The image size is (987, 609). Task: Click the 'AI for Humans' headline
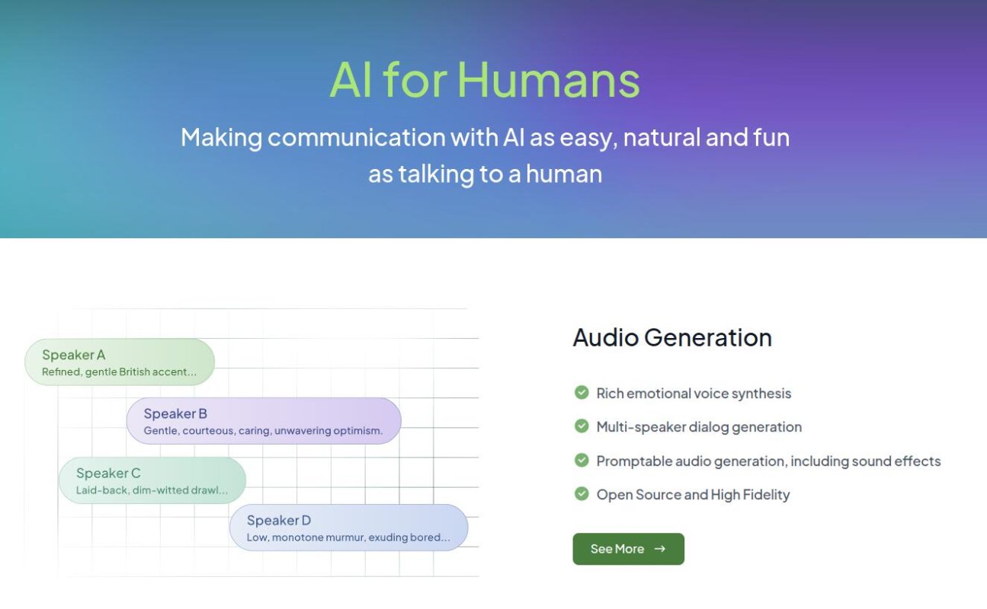click(x=485, y=80)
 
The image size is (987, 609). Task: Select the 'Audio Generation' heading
click(x=671, y=337)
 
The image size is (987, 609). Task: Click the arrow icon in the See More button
click(x=660, y=549)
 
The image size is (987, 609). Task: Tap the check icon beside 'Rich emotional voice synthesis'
click(x=582, y=393)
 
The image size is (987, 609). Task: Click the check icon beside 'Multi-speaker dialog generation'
click(x=582, y=426)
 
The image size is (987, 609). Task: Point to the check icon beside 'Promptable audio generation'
click(x=582, y=461)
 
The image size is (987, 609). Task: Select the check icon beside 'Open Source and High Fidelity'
click(x=582, y=494)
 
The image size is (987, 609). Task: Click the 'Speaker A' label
click(x=74, y=355)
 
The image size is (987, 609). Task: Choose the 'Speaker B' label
click(x=175, y=414)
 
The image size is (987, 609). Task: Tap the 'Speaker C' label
click(x=108, y=473)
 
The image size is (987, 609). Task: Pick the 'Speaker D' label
click(x=279, y=521)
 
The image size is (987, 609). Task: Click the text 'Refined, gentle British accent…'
click(x=119, y=372)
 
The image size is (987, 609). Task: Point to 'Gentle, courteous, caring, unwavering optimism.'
click(x=263, y=431)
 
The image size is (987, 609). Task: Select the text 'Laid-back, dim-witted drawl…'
click(x=152, y=490)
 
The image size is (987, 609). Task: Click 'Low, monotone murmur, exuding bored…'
click(x=348, y=537)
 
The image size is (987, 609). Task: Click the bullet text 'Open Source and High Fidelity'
click(x=693, y=495)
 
